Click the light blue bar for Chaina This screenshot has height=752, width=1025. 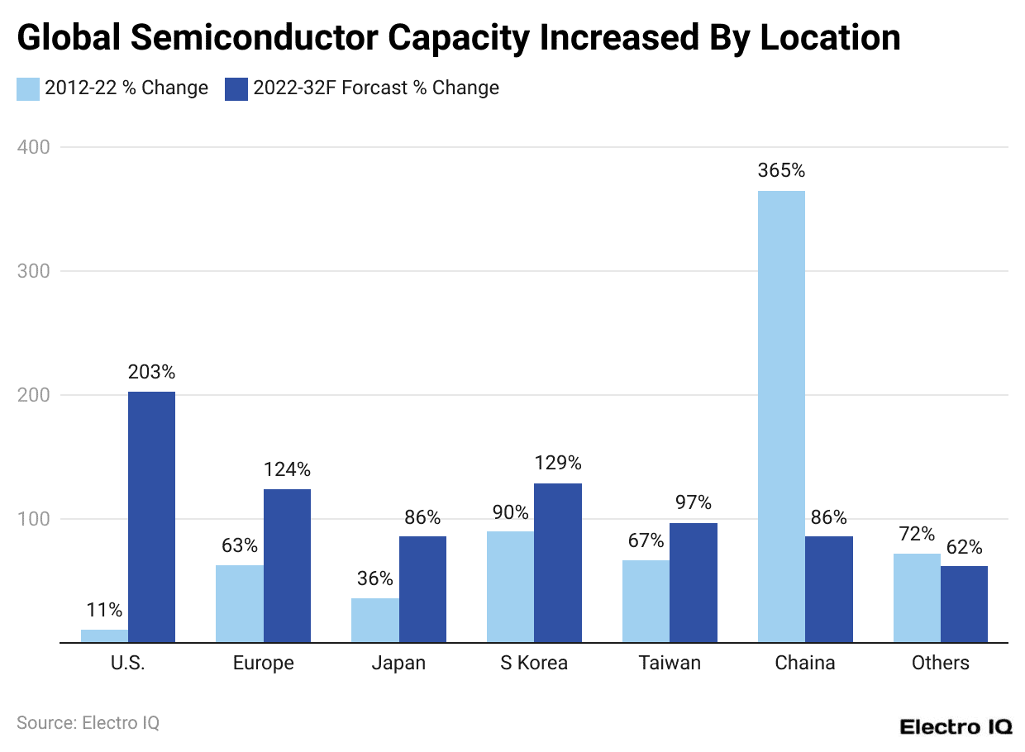coord(781,416)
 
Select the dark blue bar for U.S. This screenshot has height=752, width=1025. coord(151,516)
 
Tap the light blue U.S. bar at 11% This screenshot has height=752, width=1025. coord(104,635)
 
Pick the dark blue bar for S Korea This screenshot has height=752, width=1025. coord(558,563)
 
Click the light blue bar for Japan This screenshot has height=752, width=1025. coord(375,620)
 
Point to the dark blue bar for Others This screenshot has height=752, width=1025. coord(964,604)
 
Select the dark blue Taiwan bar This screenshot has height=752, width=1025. coord(694,583)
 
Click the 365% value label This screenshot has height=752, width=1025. coord(781,171)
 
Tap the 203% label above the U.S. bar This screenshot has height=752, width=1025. coord(151,372)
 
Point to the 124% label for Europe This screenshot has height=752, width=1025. coord(287,469)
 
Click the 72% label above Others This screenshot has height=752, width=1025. coord(917,534)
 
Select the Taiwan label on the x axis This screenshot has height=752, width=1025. coord(670,663)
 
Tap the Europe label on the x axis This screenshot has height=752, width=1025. coord(263,663)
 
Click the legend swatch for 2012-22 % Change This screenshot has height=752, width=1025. coord(28,88)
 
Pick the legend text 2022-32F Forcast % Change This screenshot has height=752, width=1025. coord(376,88)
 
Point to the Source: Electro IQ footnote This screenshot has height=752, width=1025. coord(88,722)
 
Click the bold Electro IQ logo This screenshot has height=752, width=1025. coord(956,726)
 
